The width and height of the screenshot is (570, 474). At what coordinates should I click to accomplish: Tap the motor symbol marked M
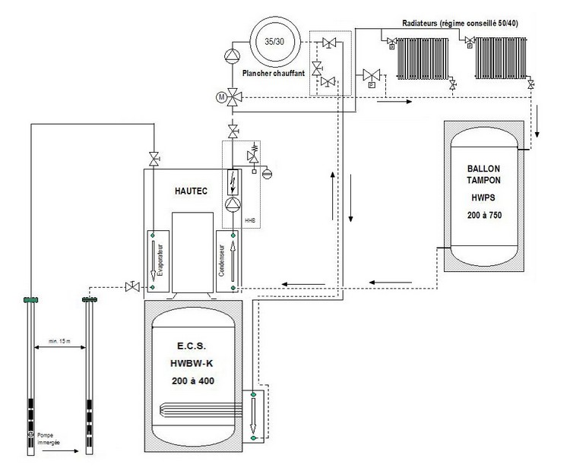point(221,97)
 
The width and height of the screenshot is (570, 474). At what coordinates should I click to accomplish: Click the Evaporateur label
point(152,258)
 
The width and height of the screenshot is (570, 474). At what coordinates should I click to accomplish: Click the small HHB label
point(249,220)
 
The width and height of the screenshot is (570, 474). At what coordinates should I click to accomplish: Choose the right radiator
point(499,57)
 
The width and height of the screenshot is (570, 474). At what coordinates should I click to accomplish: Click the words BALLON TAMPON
point(483,173)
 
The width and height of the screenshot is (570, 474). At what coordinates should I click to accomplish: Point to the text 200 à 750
point(483,216)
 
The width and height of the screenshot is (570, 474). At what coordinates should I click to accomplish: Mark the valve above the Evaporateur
point(154,159)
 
